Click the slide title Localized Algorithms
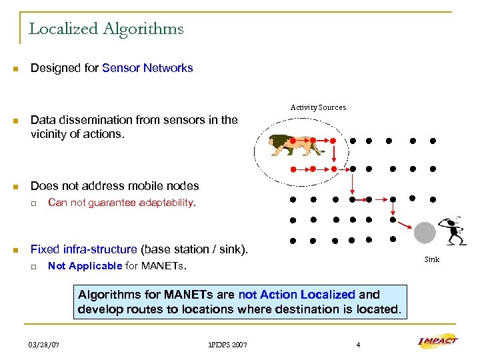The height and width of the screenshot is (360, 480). (x=106, y=29)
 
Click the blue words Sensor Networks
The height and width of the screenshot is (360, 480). (x=147, y=68)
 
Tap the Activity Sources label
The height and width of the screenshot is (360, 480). (x=318, y=107)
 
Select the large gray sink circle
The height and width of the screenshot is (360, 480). (x=425, y=233)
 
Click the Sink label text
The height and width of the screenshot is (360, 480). (x=432, y=259)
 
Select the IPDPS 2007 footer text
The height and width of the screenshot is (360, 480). (x=227, y=345)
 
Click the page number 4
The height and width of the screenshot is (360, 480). (x=358, y=345)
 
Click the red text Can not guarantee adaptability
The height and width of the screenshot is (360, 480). (x=122, y=203)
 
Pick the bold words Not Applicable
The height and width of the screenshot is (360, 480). (x=85, y=266)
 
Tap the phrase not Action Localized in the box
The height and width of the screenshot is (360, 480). (x=297, y=294)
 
